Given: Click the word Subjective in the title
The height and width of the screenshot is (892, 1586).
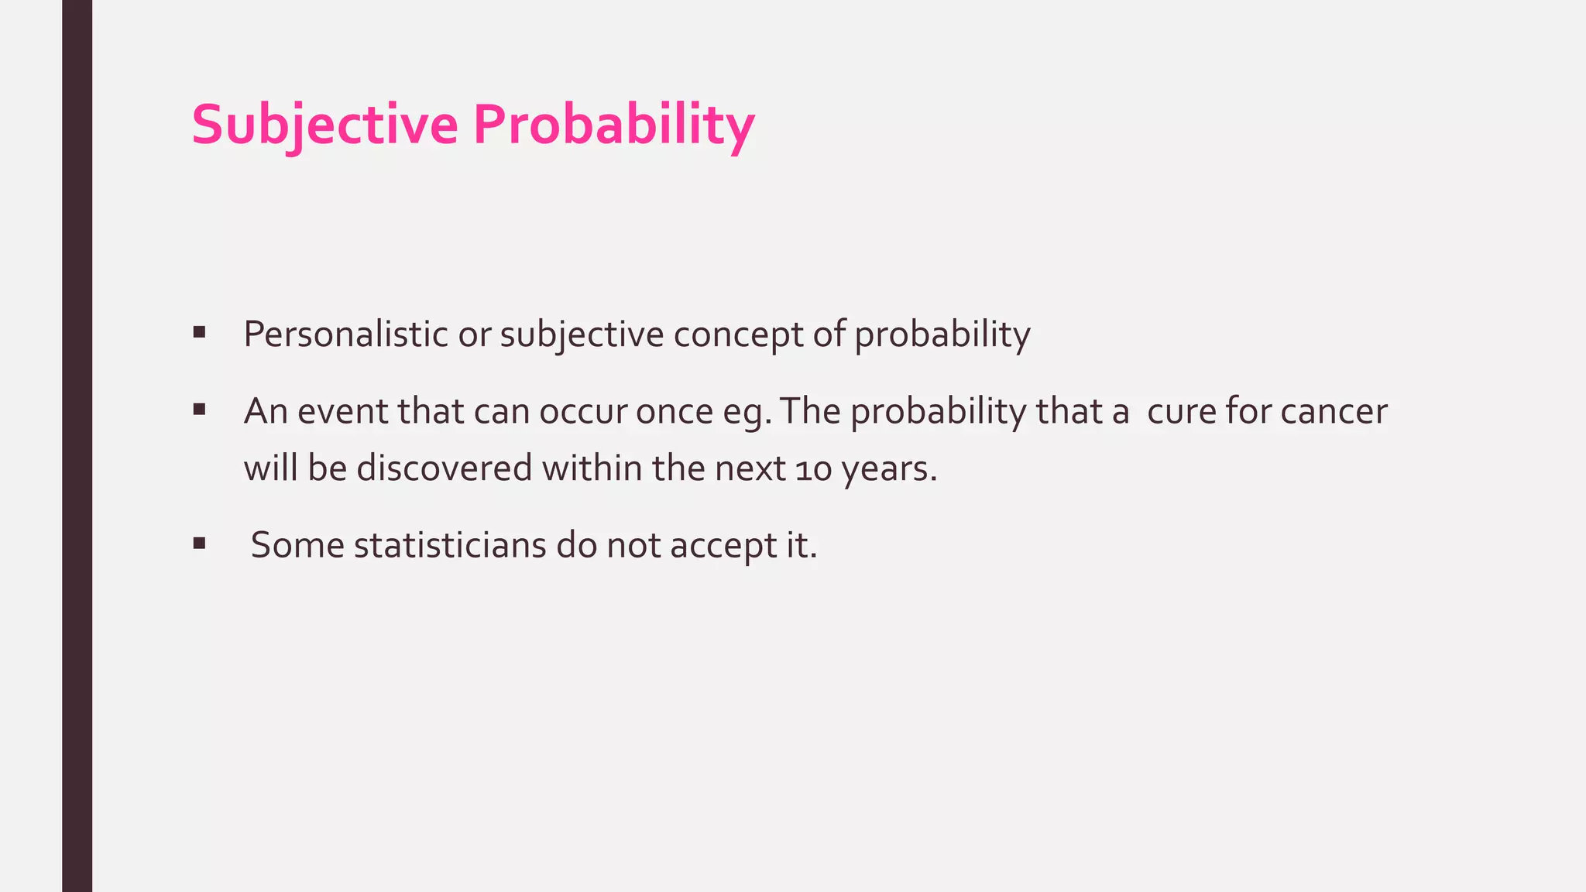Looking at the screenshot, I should [x=324, y=125].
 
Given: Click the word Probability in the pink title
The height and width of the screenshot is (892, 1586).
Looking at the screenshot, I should [x=613, y=125].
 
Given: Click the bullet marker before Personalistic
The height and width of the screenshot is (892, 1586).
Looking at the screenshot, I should [x=200, y=333].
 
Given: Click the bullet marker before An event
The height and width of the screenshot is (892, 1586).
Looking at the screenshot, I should [x=200, y=410].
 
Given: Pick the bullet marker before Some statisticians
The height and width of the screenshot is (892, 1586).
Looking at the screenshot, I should [x=200, y=544].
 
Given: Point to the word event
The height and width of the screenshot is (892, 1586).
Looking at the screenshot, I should [x=342, y=411].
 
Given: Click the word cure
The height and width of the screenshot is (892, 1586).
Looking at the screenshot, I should [x=1182, y=411].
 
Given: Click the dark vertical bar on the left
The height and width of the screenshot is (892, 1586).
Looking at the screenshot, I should [x=77, y=446].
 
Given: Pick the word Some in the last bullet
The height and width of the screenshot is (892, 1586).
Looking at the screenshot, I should [x=297, y=545].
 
